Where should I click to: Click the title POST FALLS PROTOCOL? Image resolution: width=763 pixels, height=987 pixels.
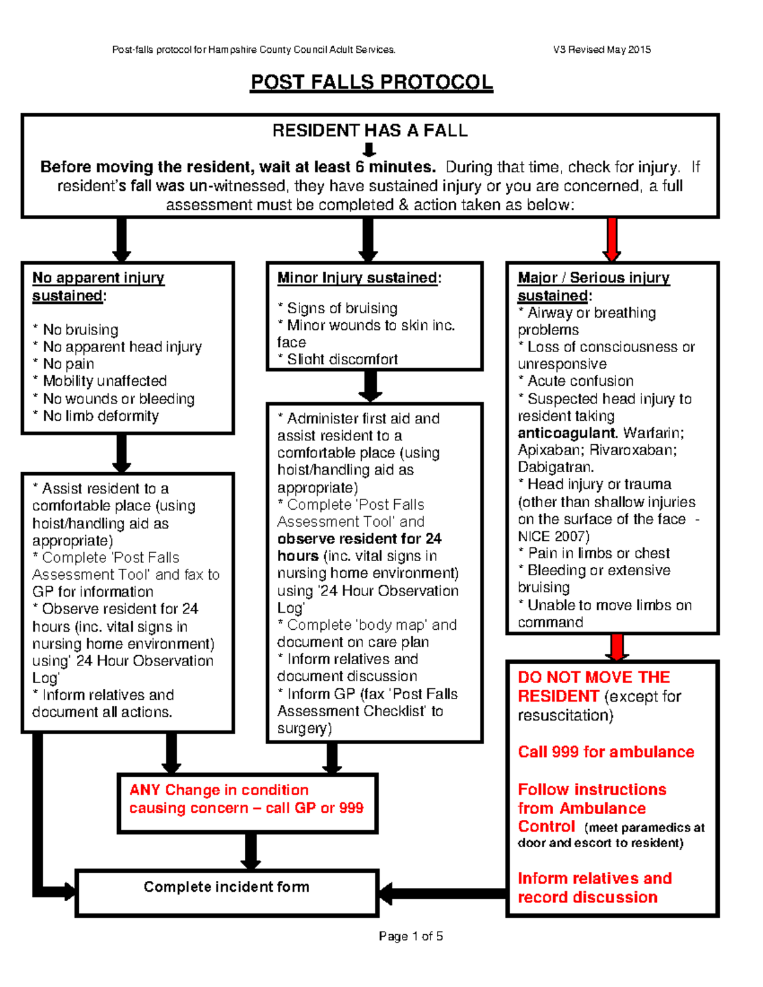(371, 83)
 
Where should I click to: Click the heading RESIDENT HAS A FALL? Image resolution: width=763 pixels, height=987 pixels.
(370, 131)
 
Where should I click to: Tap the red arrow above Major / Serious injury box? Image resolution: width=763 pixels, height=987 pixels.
(612, 239)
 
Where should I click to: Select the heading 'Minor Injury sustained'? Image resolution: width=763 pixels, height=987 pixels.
(359, 278)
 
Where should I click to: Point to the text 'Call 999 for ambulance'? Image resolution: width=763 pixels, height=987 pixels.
(605, 752)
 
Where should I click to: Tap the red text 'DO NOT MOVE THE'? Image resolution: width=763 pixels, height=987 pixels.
(593, 677)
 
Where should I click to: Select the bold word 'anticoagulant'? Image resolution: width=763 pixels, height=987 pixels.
(567, 433)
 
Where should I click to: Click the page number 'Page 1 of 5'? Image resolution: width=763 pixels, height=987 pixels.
(411, 936)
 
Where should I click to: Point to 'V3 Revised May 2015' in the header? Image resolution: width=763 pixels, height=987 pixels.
(601, 50)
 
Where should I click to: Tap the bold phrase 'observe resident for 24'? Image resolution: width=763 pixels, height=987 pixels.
(359, 539)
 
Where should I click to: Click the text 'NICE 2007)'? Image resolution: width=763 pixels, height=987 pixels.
(553, 536)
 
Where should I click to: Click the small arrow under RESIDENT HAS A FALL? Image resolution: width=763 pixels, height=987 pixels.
(369, 150)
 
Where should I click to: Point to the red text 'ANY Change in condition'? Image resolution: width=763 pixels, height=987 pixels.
(219, 790)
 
